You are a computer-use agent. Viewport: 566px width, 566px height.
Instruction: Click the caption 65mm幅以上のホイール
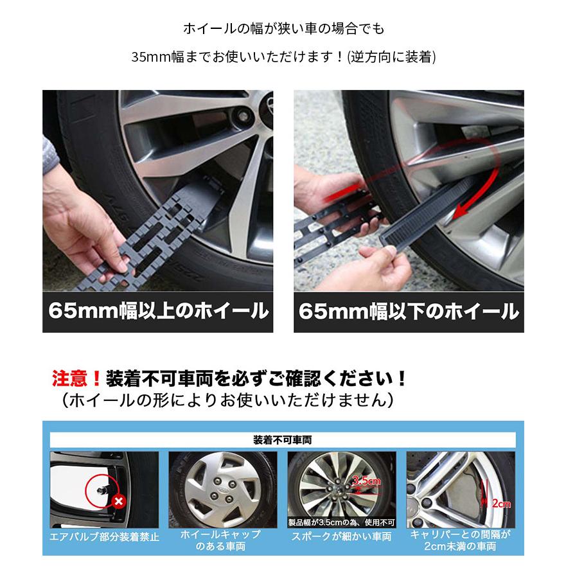coord(158,312)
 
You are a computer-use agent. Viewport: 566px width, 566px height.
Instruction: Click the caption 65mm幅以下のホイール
coord(409,312)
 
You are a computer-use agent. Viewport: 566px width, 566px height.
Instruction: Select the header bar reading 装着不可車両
coord(283,441)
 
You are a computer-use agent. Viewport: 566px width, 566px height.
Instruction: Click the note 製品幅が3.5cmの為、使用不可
coord(341,522)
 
